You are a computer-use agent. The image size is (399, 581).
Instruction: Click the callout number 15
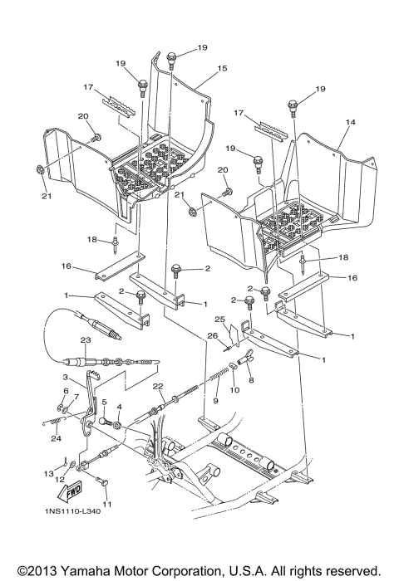tap(222, 68)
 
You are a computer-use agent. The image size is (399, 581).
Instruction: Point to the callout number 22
tap(157, 387)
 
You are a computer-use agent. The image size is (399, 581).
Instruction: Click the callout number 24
tap(56, 439)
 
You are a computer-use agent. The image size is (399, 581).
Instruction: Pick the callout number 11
tap(107, 504)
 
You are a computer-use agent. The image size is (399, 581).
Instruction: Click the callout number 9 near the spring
tap(214, 401)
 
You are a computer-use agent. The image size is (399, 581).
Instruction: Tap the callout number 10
tap(234, 388)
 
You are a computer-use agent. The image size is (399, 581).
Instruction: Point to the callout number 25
tap(220, 319)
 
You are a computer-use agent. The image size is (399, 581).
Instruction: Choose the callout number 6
tap(66, 390)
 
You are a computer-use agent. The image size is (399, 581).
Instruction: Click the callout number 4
tap(120, 408)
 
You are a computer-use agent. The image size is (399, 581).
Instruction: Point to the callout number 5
tap(104, 402)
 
